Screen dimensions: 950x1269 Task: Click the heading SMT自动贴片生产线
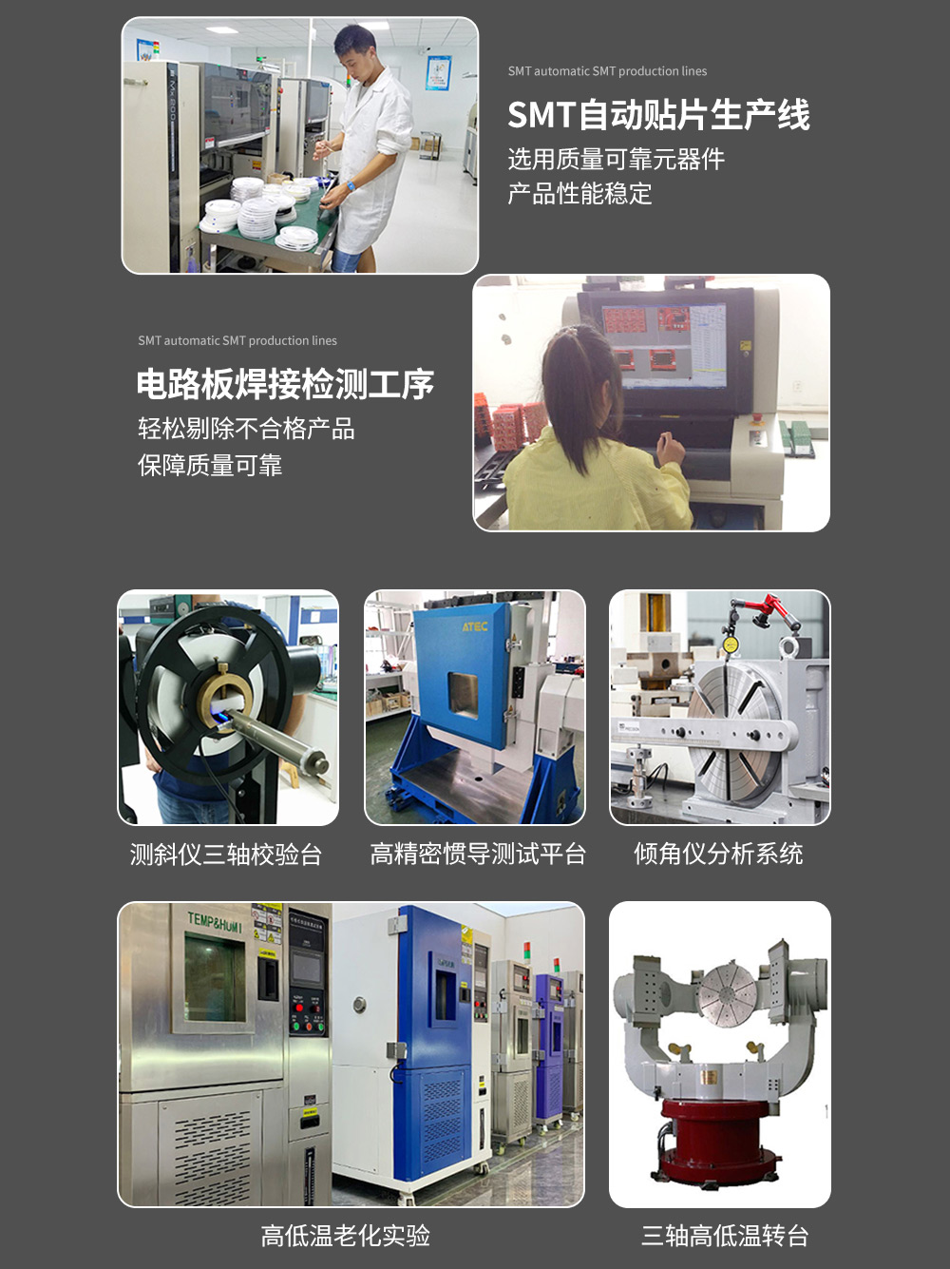(x=658, y=114)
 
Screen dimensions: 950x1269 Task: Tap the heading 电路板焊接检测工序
(x=285, y=384)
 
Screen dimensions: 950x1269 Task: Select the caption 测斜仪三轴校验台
(x=226, y=854)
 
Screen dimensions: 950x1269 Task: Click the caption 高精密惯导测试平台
(x=478, y=854)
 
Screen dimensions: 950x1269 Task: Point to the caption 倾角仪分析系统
(x=718, y=854)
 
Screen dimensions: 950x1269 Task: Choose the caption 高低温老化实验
(x=346, y=1236)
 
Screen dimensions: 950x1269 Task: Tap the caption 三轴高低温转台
(x=725, y=1236)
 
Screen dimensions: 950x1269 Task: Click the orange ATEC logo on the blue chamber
(x=475, y=626)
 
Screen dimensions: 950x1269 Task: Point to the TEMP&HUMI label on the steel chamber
(x=215, y=921)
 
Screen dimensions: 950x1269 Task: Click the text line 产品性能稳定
(x=579, y=193)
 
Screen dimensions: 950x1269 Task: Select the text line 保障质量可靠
(x=210, y=465)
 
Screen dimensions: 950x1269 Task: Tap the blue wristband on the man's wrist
(x=351, y=186)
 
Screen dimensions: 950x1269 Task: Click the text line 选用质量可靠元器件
(x=617, y=159)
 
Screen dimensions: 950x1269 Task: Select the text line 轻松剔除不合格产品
(x=246, y=429)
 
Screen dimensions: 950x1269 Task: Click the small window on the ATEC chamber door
(x=464, y=696)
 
